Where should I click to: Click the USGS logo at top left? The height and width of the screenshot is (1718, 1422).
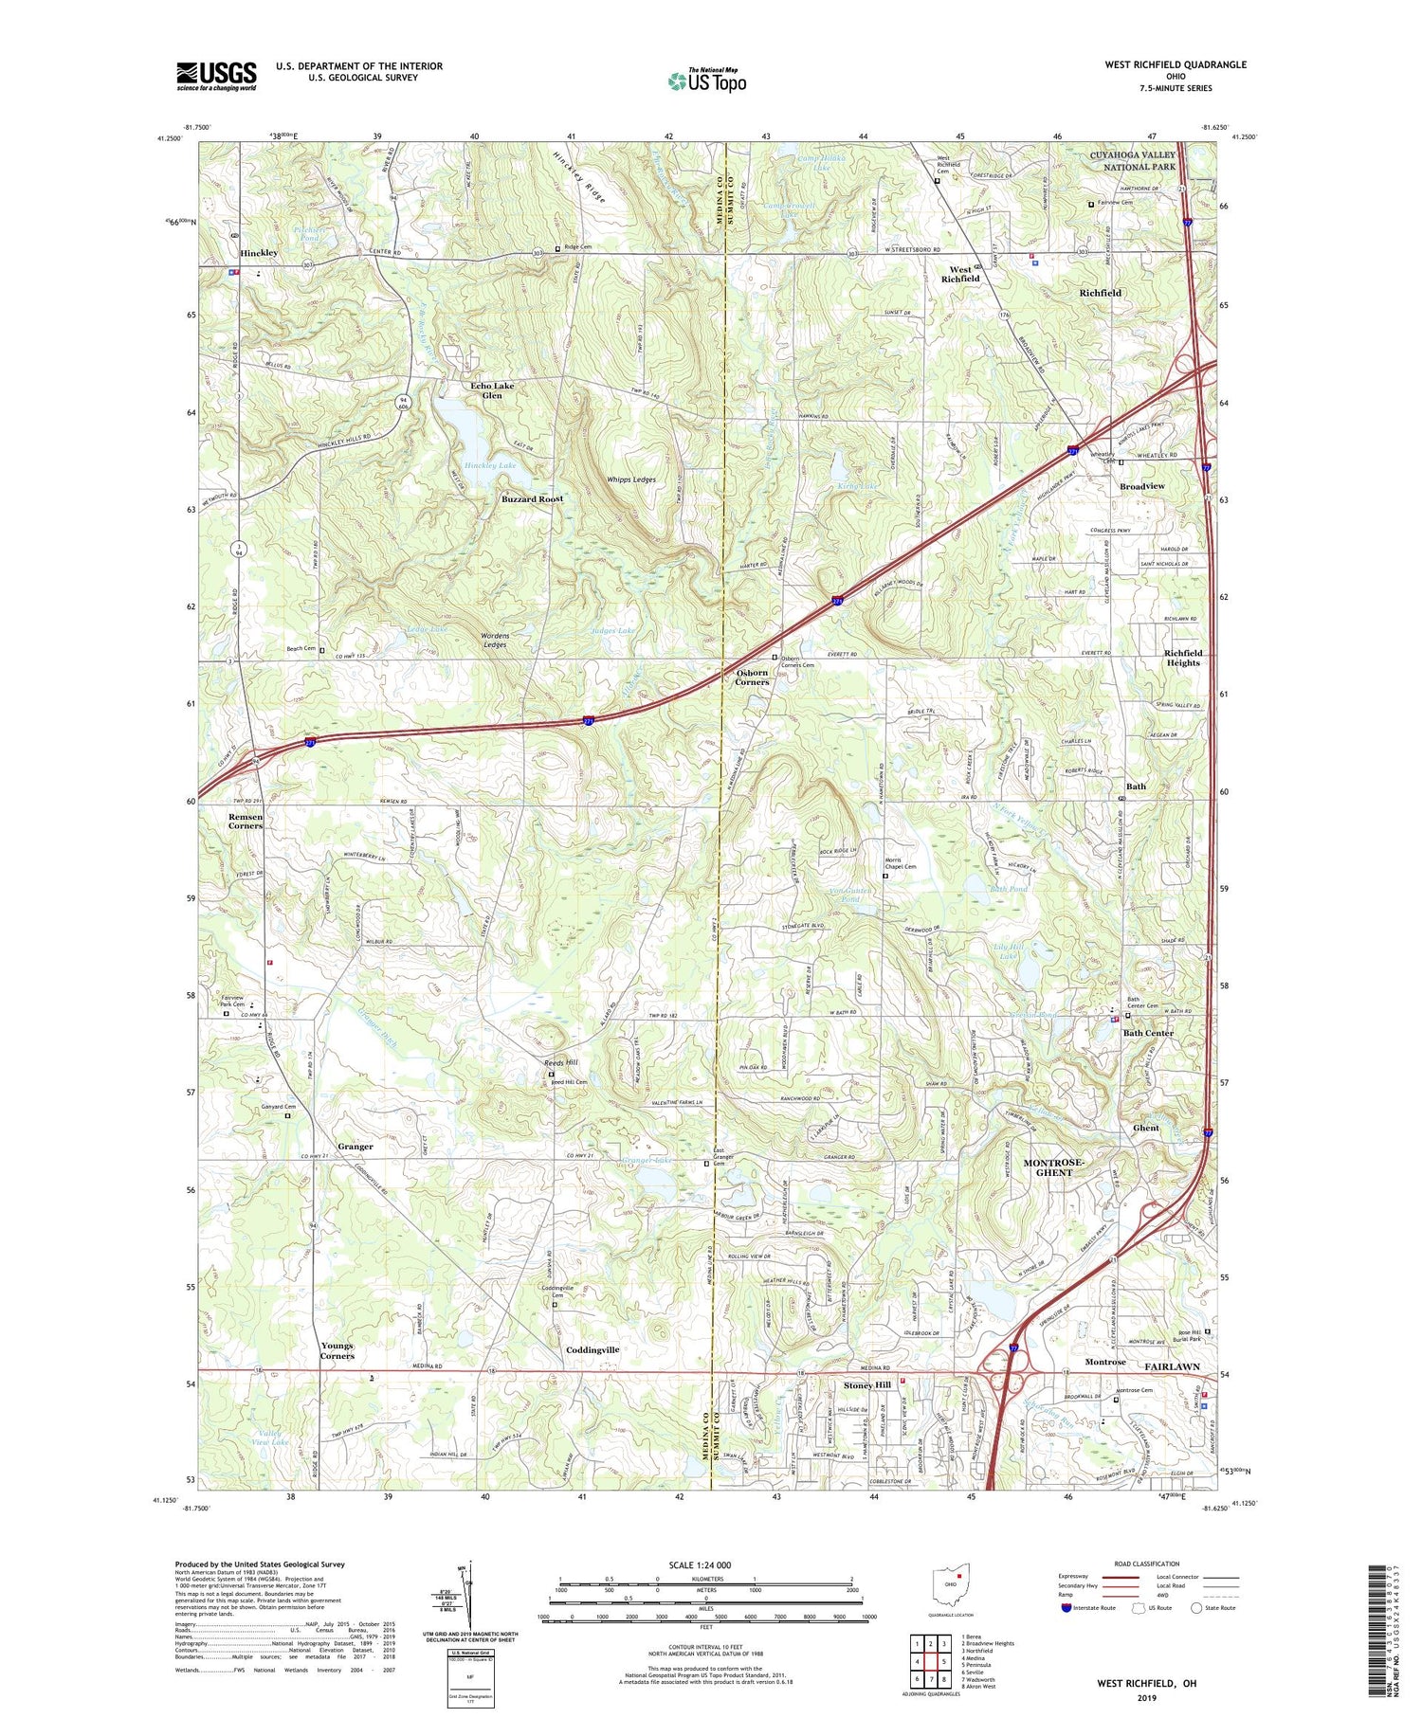point(216,76)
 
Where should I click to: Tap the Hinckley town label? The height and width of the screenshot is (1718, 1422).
point(259,253)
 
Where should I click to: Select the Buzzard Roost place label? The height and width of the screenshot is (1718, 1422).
point(532,498)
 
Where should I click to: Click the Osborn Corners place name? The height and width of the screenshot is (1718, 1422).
point(752,677)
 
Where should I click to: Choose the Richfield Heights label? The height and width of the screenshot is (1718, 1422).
point(1182,658)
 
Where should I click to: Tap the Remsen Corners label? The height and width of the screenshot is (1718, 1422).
point(246,821)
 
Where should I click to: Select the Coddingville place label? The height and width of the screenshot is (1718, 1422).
point(592,1349)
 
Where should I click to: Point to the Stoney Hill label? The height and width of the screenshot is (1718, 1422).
point(867,1384)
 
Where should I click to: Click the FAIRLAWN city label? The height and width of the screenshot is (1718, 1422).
point(1172,1366)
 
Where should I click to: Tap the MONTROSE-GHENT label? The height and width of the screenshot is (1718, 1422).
point(1053,1166)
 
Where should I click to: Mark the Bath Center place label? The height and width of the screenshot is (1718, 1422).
point(1148,1033)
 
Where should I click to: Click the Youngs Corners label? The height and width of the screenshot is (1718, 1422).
point(337,1350)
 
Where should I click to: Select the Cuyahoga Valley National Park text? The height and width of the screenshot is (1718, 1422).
point(1132,160)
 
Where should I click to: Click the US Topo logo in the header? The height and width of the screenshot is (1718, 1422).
point(706,81)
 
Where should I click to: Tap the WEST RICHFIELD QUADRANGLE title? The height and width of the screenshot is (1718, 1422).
point(1176,64)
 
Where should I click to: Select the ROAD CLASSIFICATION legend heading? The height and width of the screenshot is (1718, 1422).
point(1146,1564)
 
